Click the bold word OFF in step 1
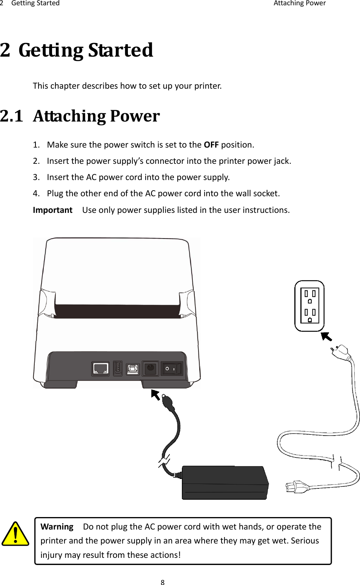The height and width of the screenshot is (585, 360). [x=211, y=145]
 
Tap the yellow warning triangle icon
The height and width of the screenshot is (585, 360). [x=15, y=534]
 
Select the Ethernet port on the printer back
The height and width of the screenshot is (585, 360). [x=100, y=368]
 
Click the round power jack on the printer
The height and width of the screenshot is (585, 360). [x=150, y=368]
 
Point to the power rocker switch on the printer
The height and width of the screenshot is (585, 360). [x=172, y=369]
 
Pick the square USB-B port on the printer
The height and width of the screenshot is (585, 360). [x=132, y=369]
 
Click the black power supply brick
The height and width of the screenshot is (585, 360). [x=225, y=483]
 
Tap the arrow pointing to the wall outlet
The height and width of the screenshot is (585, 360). [x=326, y=336]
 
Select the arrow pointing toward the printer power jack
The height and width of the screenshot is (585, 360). [x=155, y=394]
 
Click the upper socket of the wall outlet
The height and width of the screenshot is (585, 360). [x=310, y=296]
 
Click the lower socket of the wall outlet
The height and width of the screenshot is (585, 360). [x=310, y=315]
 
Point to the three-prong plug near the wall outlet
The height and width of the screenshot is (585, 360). [x=343, y=352]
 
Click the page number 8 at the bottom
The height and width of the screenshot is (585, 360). [x=163, y=582]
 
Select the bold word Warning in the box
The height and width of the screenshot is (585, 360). [x=57, y=527]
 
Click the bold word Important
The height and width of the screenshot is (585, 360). [x=52, y=210]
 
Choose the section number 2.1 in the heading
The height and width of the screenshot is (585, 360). [x=12, y=116]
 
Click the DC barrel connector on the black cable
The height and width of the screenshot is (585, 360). [x=168, y=403]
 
